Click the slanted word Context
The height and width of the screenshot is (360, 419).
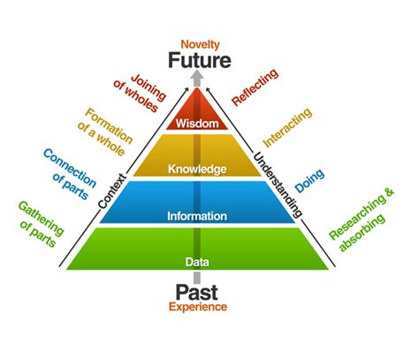112,187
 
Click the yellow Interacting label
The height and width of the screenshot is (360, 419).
288,126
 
